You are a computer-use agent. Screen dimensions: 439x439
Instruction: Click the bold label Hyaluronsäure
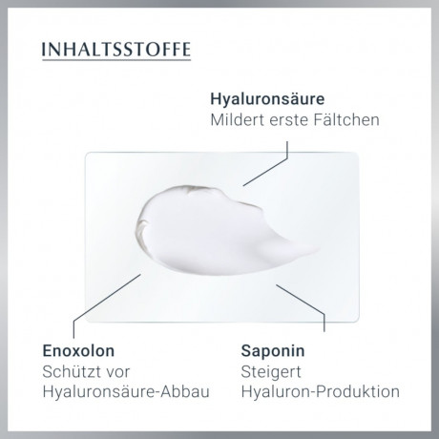coord(268,99)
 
